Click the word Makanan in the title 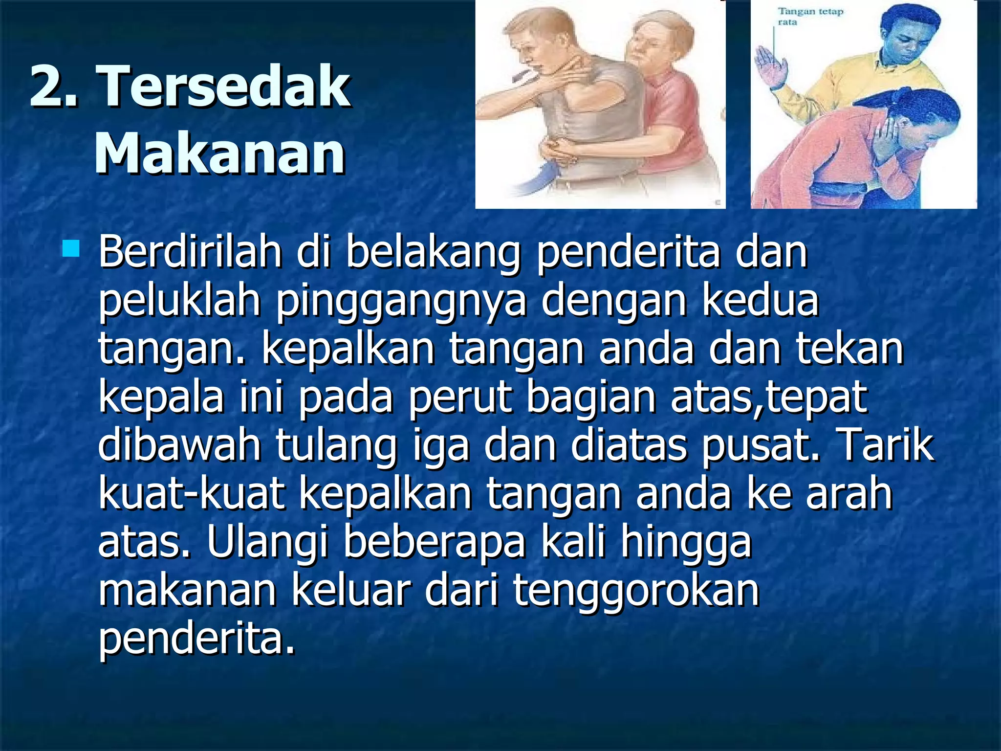coord(220,154)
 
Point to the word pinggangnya coord(401,302)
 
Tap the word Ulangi coord(267,543)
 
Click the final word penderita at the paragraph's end coord(196,639)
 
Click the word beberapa coord(434,543)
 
